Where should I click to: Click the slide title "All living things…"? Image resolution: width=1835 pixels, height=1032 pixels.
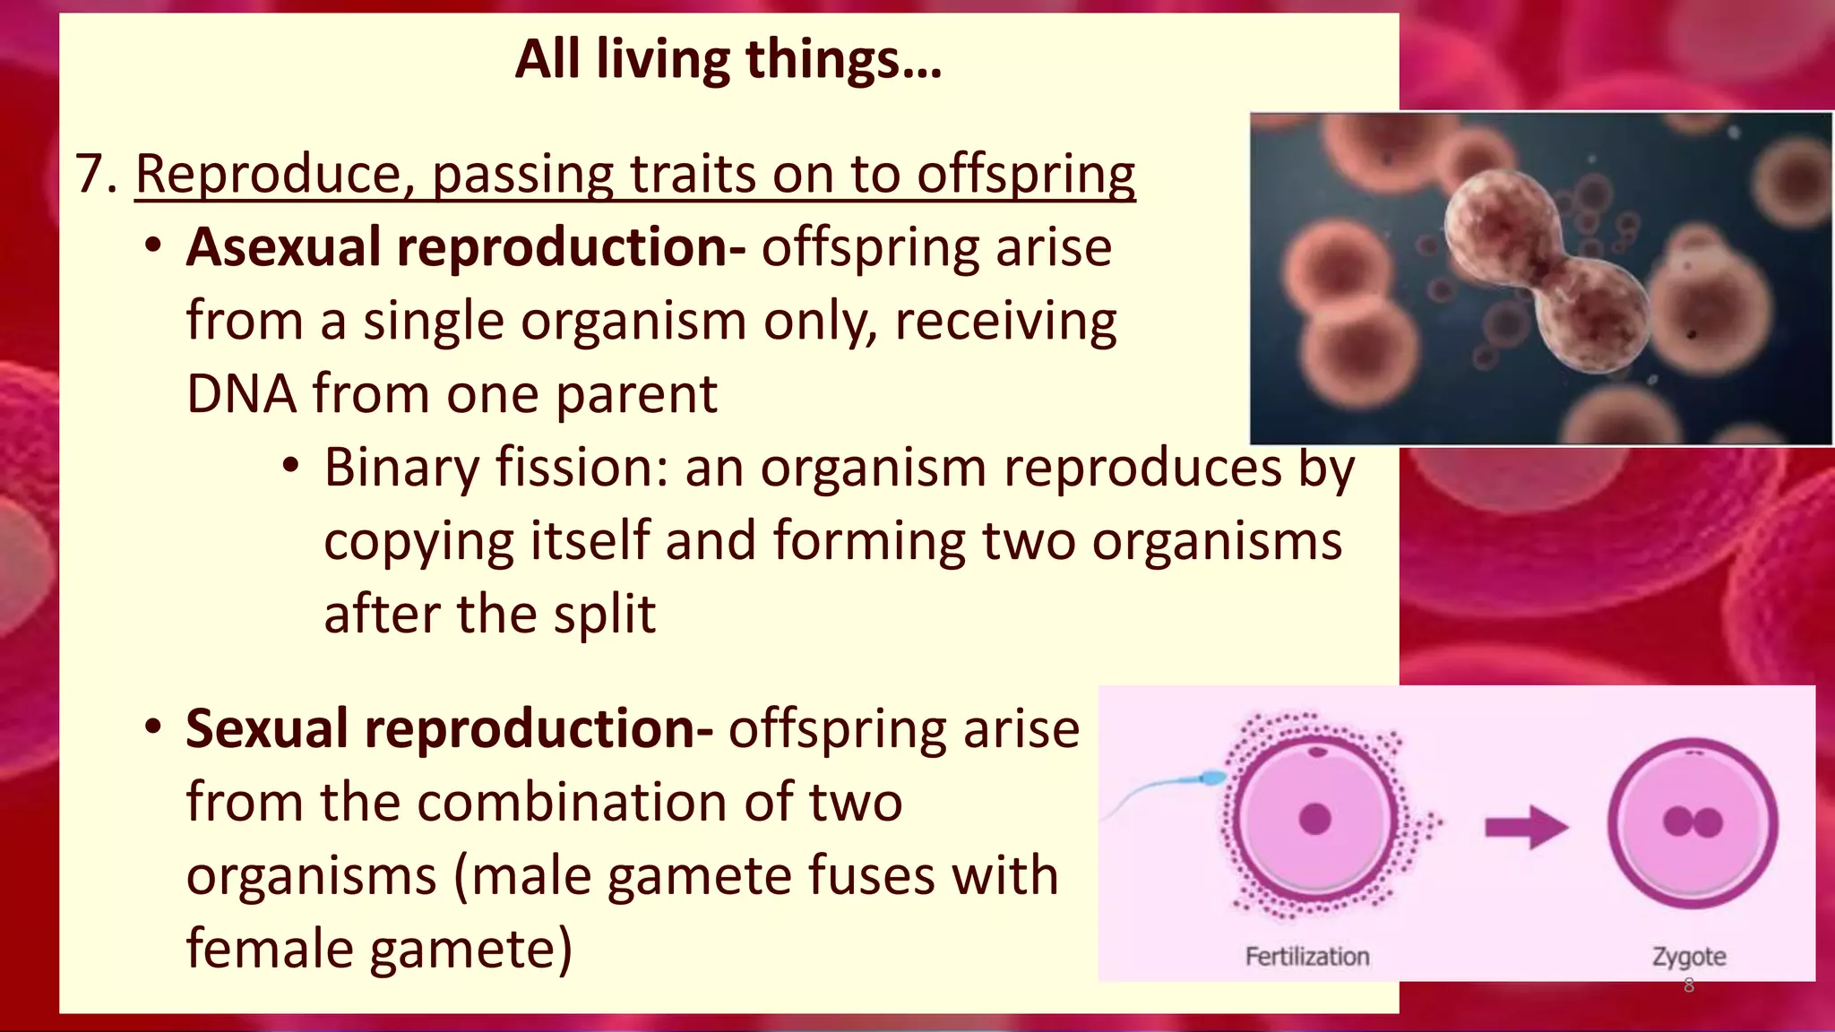tap(728, 60)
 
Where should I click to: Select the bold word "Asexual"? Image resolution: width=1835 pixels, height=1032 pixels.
tap(282, 247)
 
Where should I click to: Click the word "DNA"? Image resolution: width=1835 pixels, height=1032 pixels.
tap(240, 394)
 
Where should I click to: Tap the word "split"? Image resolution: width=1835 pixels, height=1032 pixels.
tap(605, 615)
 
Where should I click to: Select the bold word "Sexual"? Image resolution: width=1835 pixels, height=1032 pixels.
tap(265, 728)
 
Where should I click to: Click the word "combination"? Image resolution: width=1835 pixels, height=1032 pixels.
tap(573, 802)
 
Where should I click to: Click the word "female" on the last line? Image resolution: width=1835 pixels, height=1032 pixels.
tap(271, 949)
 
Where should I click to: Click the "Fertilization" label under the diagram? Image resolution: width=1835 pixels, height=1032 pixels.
tap(1307, 957)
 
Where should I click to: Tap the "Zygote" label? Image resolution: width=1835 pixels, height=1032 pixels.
tap(1689, 957)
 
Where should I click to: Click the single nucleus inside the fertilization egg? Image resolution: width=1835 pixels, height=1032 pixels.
tap(1314, 819)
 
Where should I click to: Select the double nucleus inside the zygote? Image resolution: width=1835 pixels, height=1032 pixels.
tap(1693, 821)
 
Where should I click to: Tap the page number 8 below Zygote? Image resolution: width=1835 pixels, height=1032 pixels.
tap(1689, 986)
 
